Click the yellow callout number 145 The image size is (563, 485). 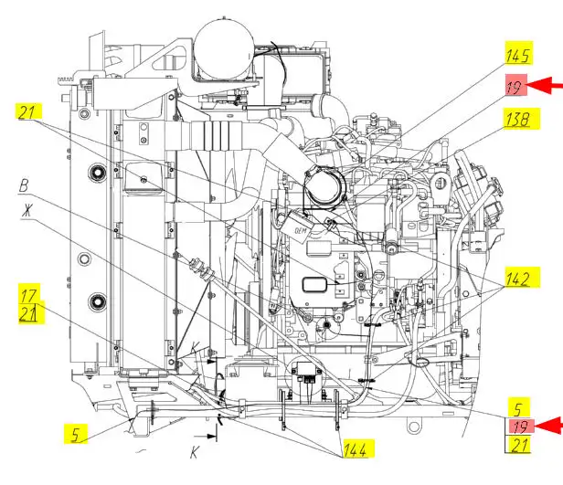tap(518, 56)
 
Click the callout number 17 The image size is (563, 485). tap(28, 296)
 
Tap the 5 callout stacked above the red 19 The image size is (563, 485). tap(517, 409)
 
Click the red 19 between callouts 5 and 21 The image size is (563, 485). tap(520, 427)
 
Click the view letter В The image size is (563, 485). tap(24, 186)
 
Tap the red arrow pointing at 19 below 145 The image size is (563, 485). tap(545, 85)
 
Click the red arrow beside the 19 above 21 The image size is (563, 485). tap(548, 426)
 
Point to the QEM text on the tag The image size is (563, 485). tap(301, 231)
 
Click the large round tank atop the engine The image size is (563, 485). tap(223, 48)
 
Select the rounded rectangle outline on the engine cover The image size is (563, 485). tap(314, 285)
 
